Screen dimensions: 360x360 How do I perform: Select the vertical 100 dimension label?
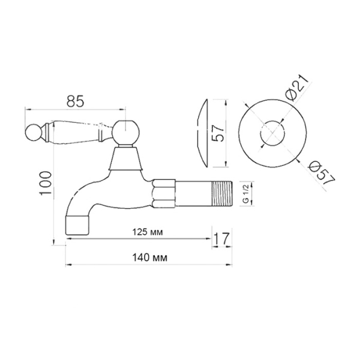coord(46,183)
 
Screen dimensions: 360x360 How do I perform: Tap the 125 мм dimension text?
coord(148,232)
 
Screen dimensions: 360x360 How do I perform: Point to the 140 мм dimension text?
coord(149,258)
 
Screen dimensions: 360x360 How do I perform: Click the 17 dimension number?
coord(221,239)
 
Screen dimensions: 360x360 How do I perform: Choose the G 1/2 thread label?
coord(245,193)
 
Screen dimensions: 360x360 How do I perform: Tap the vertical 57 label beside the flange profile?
coord(217,133)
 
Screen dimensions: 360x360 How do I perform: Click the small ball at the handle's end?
coord(33,132)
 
